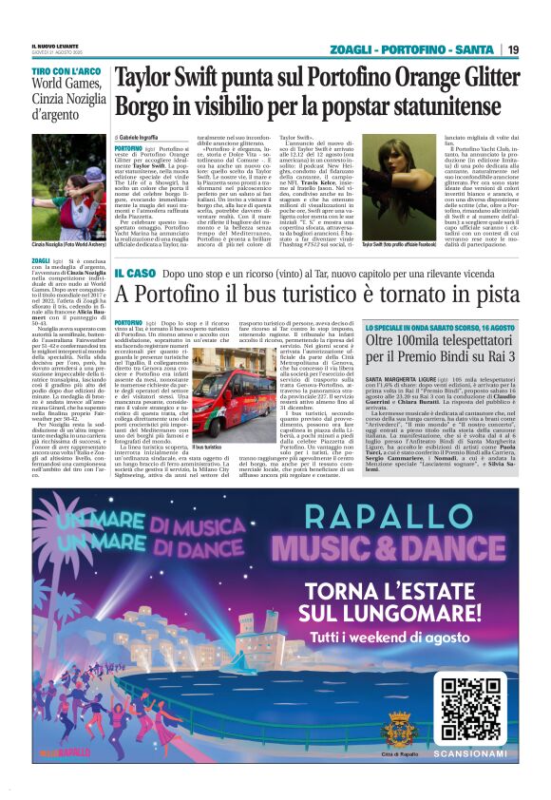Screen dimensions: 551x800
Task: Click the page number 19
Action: (513, 49)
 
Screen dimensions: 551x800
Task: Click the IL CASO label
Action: (135, 274)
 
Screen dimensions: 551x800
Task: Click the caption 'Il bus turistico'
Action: (209, 446)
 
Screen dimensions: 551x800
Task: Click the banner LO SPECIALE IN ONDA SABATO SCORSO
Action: (440, 326)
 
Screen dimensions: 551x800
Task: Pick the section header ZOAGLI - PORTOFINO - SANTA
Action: (411, 49)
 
